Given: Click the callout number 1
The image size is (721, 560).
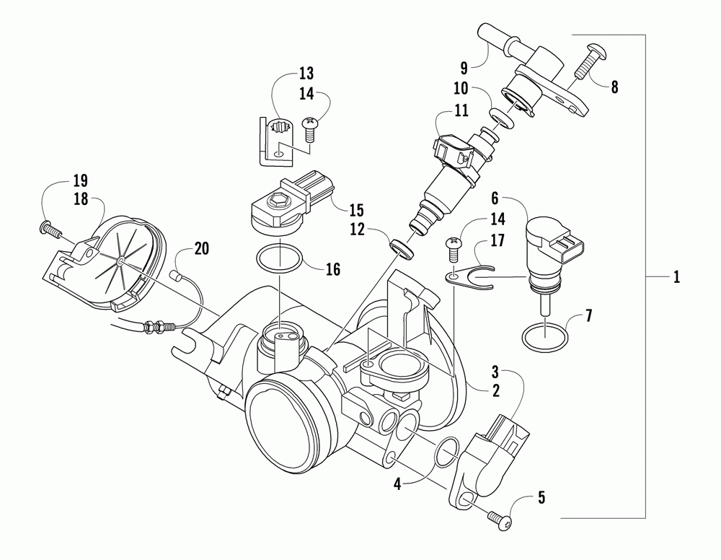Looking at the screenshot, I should pos(676,276).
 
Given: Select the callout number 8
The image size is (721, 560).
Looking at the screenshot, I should pos(614,87).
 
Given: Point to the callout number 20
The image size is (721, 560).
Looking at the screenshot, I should pos(203,250).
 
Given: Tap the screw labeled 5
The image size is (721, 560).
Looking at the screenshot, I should pos(500,517).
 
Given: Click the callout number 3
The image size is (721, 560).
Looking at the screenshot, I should pos(495,372).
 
